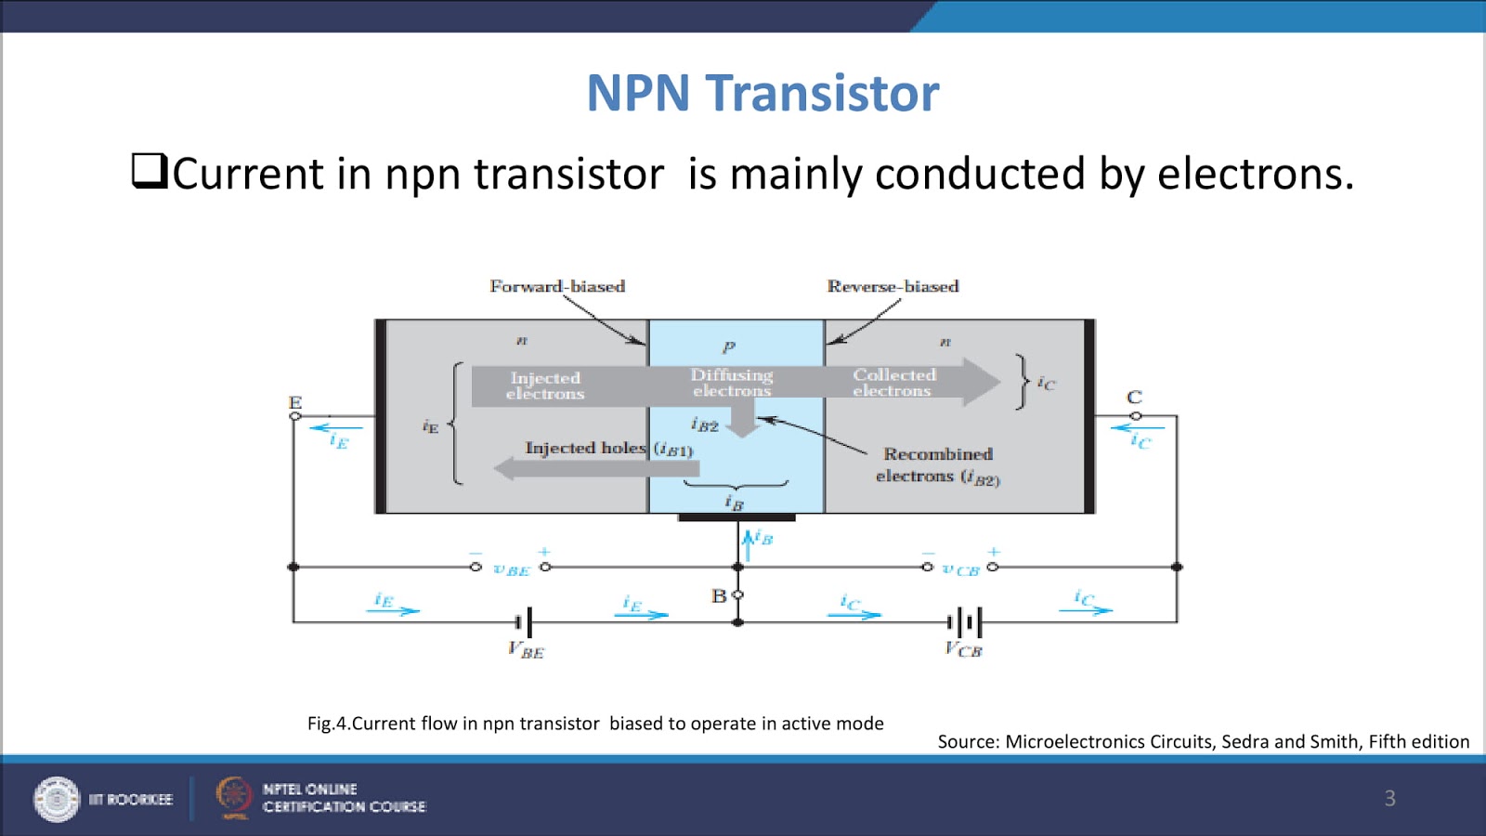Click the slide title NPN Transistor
pos(763,93)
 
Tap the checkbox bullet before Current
pos(149,171)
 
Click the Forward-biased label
pos(557,286)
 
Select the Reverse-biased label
pos(893,286)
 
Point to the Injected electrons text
pos(545,385)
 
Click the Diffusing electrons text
pos(732,383)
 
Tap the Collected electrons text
pos(893,383)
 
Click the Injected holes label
pos(585,448)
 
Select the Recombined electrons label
pos(938,464)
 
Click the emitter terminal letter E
pos(295,402)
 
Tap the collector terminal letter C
pos(1134,398)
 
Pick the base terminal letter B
pos(719,596)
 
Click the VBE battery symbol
pos(525,621)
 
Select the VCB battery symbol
pos(964,621)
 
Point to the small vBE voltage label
pos(511,569)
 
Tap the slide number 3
pos(1389,798)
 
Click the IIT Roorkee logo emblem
pos(57,799)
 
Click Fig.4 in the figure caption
pos(326,724)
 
